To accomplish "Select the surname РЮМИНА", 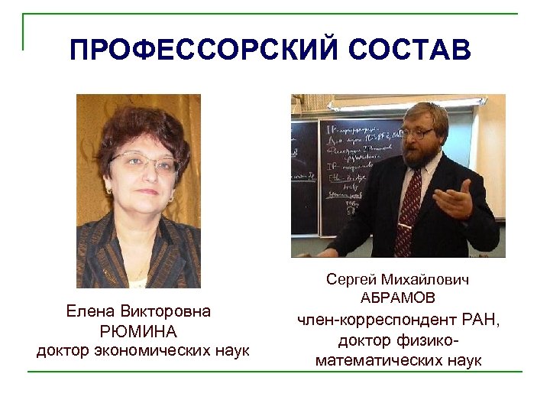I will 138,332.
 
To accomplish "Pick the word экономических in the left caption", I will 142,351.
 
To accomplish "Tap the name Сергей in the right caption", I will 354,280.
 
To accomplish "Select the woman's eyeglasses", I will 144,162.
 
